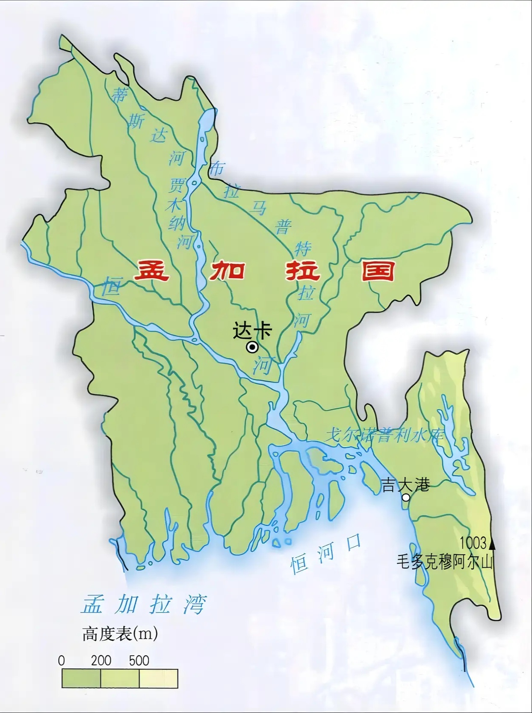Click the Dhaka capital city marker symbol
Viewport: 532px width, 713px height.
(x=252, y=348)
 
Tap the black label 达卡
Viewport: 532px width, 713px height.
(x=252, y=330)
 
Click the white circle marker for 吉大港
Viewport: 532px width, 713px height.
(x=405, y=498)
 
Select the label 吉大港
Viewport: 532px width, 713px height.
(x=405, y=485)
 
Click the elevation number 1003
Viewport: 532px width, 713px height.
(x=473, y=543)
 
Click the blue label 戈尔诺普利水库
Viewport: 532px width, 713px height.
(x=384, y=436)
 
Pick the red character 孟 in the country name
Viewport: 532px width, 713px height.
(x=152, y=271)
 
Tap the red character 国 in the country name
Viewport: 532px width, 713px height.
(x=377, y=271)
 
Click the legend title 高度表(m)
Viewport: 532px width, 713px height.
(x=120, y=634)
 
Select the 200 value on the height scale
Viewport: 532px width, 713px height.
(x=101, y=660)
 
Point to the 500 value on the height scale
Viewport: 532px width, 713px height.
(x=139, y=660)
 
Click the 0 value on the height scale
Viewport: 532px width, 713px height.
(x=62, y=660)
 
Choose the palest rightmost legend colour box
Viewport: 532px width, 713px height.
(x=158, y=678)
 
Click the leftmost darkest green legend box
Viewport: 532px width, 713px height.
(x=81, y=678)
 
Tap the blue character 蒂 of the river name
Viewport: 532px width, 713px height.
(x=119, y=95)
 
